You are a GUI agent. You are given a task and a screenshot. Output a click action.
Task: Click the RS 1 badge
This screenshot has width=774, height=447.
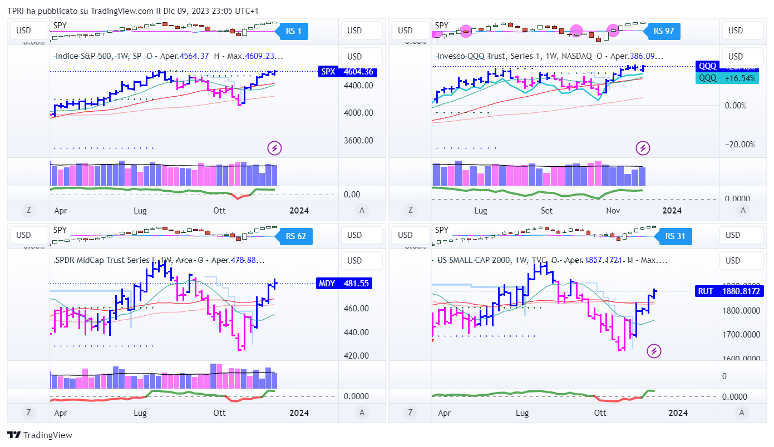pos(293,31)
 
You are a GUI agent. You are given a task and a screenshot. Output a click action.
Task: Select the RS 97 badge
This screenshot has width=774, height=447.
pos(664,31)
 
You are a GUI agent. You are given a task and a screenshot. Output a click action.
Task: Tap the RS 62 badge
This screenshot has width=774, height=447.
pos(295,236)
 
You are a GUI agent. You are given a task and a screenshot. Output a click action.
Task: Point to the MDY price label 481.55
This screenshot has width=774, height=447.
pos(343,283)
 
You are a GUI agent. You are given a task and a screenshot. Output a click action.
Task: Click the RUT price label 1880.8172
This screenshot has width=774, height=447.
pos(728,291)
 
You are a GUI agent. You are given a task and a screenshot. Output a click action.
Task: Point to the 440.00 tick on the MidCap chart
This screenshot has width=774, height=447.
pos(357,332)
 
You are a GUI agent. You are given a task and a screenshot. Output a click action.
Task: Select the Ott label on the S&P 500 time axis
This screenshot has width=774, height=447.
pos(220,210)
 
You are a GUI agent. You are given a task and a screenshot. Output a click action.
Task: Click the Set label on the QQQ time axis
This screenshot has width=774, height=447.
pos(547,210)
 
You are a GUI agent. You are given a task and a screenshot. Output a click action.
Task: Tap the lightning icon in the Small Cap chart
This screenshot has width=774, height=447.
pos(654,351)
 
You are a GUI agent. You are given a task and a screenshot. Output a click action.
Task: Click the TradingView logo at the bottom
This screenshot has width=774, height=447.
pos(40,435)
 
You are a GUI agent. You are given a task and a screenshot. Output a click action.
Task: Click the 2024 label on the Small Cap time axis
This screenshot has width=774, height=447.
pos(677,413)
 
